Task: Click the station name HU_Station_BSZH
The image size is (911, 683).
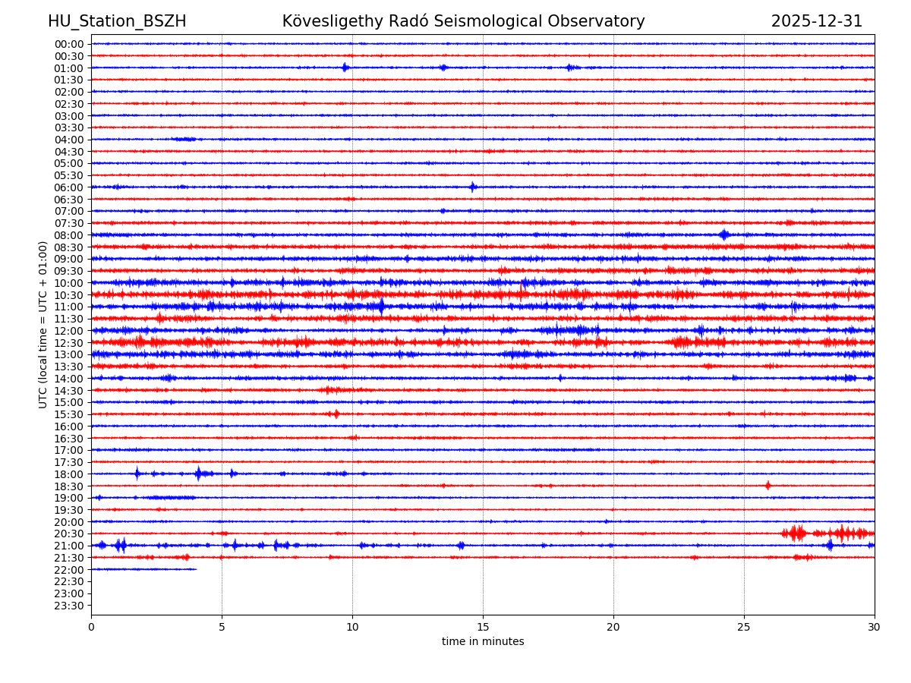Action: (x=117, y=21)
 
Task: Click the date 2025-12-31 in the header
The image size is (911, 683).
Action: (x=816, y=21)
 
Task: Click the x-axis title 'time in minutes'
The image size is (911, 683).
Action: (x=483, y=641)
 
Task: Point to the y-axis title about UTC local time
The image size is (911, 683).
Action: (x=43, y=324)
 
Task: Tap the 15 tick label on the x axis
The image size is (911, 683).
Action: (x=483, y=627)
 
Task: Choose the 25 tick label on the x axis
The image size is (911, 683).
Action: (x=744, y=627)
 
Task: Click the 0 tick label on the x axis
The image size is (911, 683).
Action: (x=91, y=627)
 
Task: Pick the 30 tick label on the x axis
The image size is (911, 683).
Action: (x=875, y=627)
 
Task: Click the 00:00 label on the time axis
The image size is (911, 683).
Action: (x=69, y=44)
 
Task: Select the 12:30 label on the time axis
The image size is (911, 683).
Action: (x=69, y=342)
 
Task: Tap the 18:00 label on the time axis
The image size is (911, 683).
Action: (x=69, y=474)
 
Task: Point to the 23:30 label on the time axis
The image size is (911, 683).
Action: (x=69, y=605)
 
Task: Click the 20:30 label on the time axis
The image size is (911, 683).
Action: (x=69, y=533)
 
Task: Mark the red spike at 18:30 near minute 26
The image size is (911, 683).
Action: (x=768, y=485)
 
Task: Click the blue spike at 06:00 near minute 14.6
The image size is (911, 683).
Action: (x=472, y=187)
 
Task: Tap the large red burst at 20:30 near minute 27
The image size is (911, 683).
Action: (x=796, y=533)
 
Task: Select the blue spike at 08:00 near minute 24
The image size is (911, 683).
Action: (x=723, y=234)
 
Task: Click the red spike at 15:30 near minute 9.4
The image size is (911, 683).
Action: (x=336, y=414)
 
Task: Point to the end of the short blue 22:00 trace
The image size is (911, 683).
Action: (x=196, y=569)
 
